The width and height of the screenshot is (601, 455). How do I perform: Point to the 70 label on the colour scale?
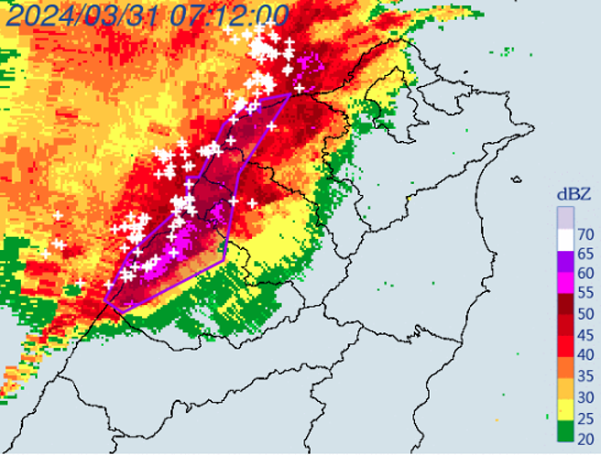(x=585, y=234)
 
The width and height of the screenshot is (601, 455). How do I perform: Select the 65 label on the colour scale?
(x=585, y=255)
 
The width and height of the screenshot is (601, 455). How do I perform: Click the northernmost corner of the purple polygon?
(x=291, y=93)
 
